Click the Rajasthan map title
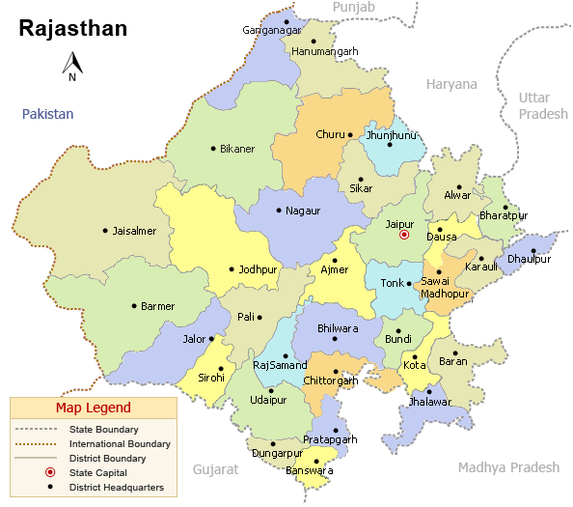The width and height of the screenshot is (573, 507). click(73, 28)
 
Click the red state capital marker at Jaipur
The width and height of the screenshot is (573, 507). click(404, 235)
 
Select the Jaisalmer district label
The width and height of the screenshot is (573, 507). click(135, 231)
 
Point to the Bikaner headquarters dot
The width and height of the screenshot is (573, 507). click(213, 149)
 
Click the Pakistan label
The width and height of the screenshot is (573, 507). click(48, 114)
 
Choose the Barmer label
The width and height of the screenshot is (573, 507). click(158, 306)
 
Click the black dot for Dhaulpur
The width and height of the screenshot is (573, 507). click(532, 251)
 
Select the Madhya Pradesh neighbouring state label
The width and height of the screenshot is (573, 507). click(508, 467)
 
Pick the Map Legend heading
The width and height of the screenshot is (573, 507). click(93, 408)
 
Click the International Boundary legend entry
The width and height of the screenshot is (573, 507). click(120, 443)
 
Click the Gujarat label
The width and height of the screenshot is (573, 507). click(214, 468)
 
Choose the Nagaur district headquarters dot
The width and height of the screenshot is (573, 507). click(279, 211)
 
